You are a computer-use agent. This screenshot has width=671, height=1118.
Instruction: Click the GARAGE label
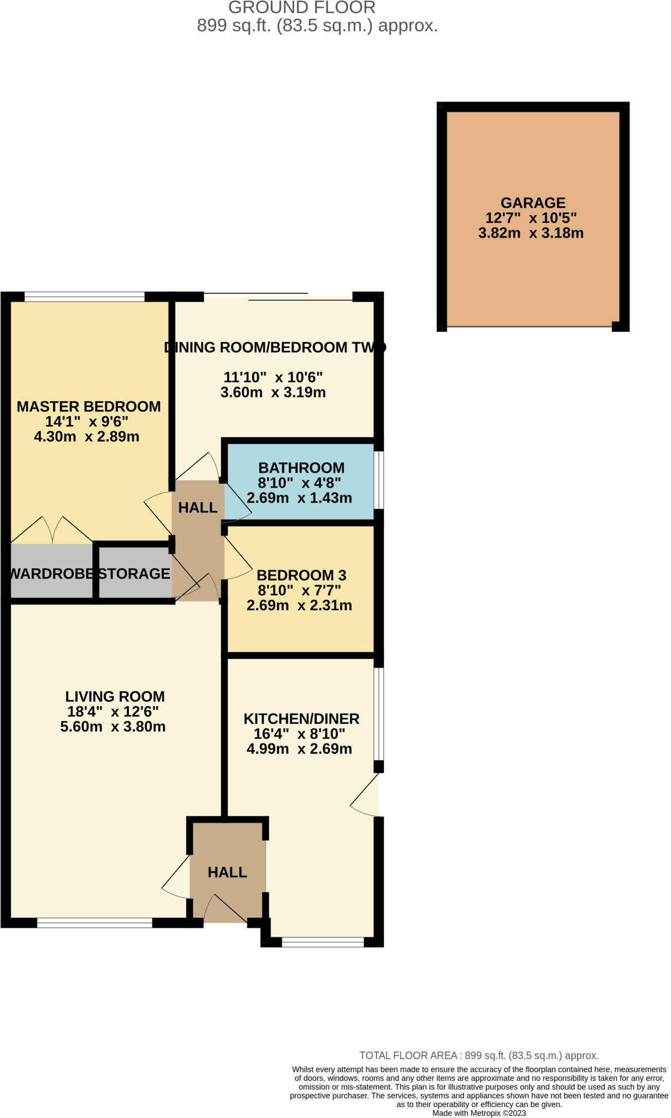[x=533, y=203]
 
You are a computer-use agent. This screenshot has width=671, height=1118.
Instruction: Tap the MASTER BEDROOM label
[x=88, y=406]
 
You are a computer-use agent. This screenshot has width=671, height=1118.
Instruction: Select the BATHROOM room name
[x=301, y=468]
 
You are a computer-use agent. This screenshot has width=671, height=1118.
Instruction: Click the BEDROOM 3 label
[x=301, y=575]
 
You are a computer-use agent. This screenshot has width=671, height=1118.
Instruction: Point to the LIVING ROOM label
[x=115, y=697]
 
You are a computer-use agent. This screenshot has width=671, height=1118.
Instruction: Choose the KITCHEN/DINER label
[x=301, y=719]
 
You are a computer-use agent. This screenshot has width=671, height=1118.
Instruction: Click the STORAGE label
[x=134, y=574]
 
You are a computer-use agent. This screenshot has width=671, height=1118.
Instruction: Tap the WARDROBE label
[x=52, y=574]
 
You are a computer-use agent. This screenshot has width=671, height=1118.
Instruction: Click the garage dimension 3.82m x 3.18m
[x=531, y=233]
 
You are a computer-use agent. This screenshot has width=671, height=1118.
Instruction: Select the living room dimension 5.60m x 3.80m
[x=113, y=727]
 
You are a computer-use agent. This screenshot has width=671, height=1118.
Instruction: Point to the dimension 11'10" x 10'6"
[x=273, y=377]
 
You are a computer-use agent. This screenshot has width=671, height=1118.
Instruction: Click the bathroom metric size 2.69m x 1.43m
[x=299, y=498]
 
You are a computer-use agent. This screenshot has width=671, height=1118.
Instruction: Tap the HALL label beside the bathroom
[x=198, y=508]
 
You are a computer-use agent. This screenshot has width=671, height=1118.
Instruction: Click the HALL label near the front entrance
[x=227, y=872]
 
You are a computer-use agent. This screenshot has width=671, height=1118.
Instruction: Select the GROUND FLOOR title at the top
[x=302, y=8]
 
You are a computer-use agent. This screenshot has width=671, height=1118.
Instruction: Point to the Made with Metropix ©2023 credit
[x=479, y=1113]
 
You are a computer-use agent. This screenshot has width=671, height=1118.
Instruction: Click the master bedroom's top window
[x=85, y=297]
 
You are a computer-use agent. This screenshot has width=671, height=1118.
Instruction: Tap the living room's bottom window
[x=94, y=923]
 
